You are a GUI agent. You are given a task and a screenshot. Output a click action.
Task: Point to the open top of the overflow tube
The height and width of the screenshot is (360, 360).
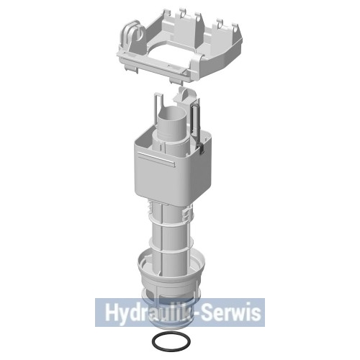172,113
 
